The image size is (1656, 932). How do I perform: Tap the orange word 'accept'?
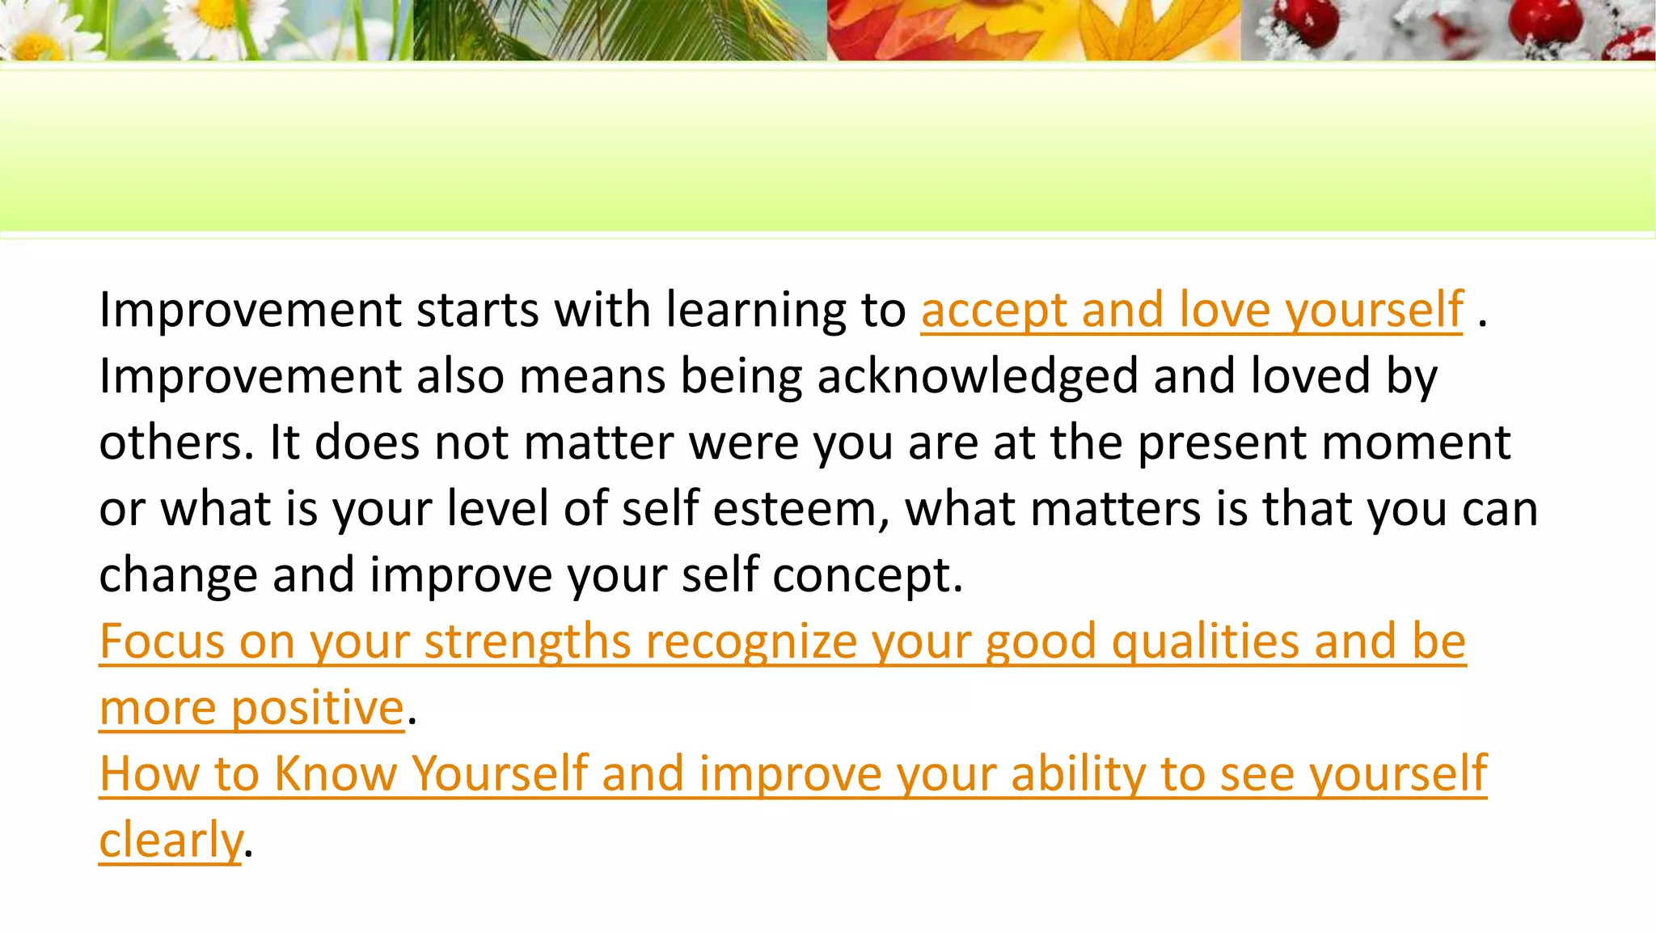tap(994, 311)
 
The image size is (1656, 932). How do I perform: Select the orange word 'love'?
tap(1224, 311)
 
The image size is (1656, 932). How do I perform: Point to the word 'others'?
tap(175, 443)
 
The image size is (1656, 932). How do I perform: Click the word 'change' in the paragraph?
tap(178, 576)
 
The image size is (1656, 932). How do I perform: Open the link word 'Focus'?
tap(162, 642)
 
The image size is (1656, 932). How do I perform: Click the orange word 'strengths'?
tap(527, 642)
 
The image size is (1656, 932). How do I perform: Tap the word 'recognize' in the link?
tap(750, 642)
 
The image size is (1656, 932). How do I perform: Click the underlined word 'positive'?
tap(318, 709)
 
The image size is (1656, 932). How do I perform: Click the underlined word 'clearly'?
tap(171, 841)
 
